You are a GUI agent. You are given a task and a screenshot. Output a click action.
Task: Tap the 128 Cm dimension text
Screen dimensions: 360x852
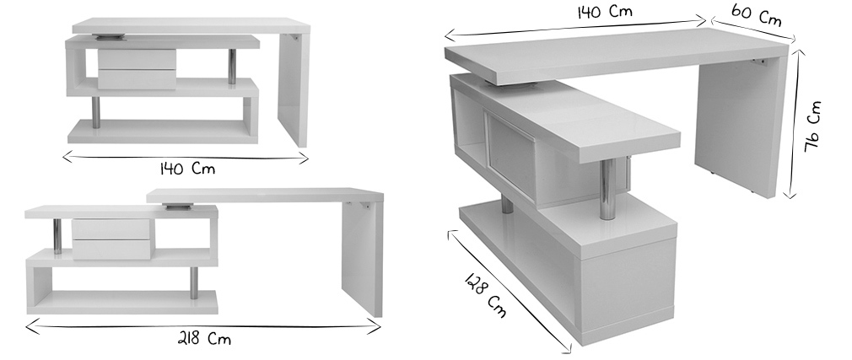point(486,296)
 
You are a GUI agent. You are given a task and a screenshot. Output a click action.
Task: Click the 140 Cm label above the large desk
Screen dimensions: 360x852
point(604,13)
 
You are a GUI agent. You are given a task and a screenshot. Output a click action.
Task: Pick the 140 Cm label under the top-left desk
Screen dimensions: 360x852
point(187,169)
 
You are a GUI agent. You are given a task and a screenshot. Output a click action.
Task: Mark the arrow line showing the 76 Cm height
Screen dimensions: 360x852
point(794,122)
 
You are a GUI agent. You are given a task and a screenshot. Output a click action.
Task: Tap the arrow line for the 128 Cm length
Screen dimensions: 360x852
point(510,290)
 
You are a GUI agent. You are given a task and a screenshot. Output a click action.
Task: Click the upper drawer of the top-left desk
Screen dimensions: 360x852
point(137,58)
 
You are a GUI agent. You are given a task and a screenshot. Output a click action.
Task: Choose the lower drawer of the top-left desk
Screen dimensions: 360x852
point(137,78)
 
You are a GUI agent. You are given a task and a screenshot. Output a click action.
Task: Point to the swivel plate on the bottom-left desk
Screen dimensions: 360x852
point(179,205)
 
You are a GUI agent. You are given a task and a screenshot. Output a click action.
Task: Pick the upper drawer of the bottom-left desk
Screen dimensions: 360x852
point(111,228)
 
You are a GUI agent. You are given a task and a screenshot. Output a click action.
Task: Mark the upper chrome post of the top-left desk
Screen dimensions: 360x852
point(232,66)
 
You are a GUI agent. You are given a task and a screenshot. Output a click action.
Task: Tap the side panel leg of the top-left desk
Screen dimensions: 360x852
point(292,89)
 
